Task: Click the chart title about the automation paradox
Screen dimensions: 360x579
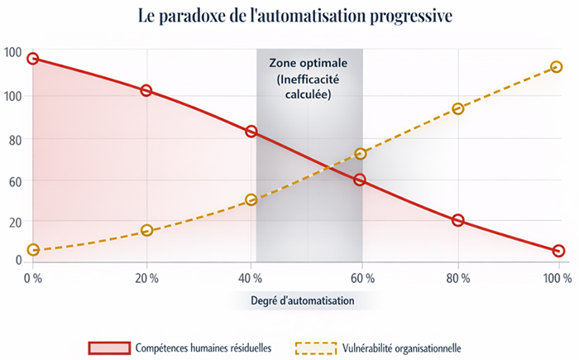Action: [289, 17]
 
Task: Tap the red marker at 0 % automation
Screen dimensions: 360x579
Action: [33, 59]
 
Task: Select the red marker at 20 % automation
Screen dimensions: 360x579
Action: [146, 90]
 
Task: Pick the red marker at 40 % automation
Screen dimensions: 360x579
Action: [251, 132]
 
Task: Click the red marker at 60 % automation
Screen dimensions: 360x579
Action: [360, 180]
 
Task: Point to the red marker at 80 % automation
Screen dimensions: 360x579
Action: [458, 220]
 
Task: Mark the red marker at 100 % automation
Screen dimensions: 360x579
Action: [558, 251]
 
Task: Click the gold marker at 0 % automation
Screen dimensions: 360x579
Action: [33, 250]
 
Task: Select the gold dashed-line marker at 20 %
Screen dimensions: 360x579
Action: [146, 231]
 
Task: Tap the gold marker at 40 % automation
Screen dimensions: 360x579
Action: [251, 199]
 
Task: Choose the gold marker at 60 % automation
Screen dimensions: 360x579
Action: [360, 154]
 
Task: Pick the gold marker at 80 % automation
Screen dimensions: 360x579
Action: [458, 108]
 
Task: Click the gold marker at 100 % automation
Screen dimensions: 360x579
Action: [557, 67]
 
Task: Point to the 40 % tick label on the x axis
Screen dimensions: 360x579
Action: [252, 278]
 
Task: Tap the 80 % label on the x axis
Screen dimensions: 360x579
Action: [458, 278]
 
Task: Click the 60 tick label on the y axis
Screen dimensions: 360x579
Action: [14, 180]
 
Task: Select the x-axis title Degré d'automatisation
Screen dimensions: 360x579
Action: [302, 301]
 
